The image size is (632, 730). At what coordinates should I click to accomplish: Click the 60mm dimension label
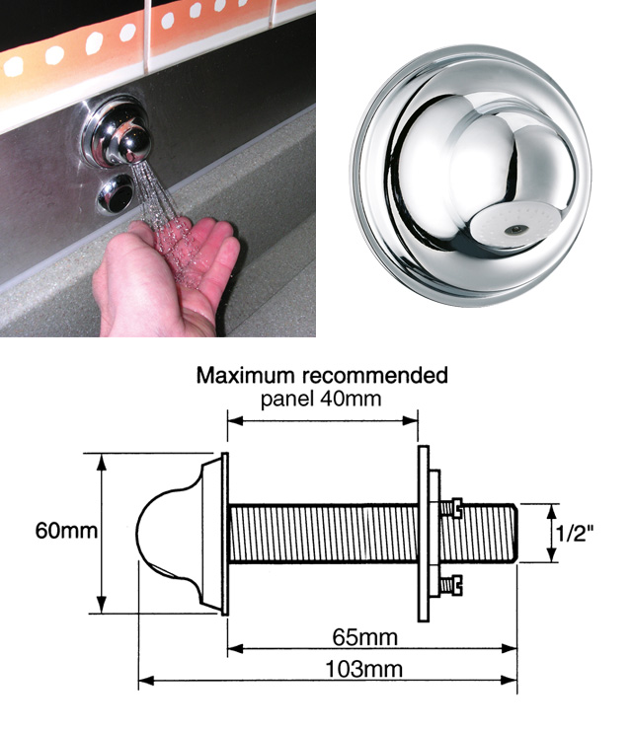66,531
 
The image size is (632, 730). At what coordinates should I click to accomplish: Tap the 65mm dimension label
365,637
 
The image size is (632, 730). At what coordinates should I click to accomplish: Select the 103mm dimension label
363,669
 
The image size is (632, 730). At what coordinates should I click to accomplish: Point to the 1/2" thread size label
575,533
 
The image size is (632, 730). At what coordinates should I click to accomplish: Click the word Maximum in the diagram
245,375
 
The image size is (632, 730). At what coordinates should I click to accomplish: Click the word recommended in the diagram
374,375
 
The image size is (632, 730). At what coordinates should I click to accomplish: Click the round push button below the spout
116,194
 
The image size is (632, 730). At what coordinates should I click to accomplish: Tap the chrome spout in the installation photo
118,134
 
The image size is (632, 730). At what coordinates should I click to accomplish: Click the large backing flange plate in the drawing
424,533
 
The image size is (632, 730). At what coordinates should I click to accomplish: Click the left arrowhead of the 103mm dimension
145,681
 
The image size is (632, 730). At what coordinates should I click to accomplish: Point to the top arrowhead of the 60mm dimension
102,460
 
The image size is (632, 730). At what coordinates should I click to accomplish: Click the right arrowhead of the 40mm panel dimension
411,421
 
